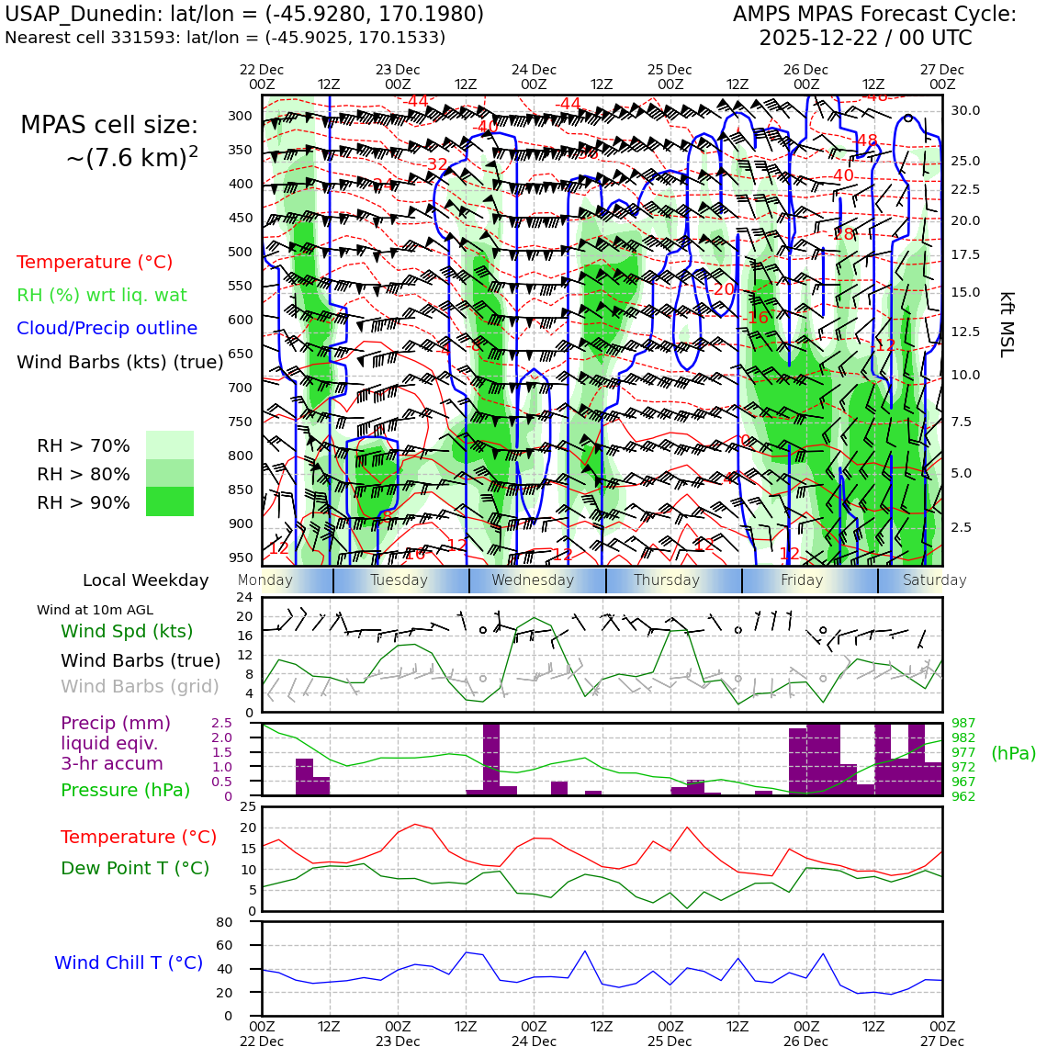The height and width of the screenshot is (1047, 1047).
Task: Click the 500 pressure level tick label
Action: pyautogui.click(x=241, y=252)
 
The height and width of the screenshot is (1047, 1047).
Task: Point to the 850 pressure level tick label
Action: pyautogui.click(x=241, y=490)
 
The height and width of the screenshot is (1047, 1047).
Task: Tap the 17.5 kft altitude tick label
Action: pyautogui.click(x=965, y=254)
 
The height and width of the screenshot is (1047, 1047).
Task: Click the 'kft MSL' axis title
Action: pyautogui.click(x=1007, y=324)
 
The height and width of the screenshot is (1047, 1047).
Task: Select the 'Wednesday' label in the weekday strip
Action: pyautogui.click(x=533, y=580)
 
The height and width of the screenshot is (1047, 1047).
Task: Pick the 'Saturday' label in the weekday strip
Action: pyautogui.click(x=934, y=580)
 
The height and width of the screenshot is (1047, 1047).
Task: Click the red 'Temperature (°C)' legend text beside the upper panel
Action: pyautogui.click(x=95, y=262)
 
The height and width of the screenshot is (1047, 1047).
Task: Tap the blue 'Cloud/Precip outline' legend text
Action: pyautogui.click(x=107, y=328)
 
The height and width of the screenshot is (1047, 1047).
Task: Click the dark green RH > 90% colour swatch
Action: pyautogui.click(x=170, y=501)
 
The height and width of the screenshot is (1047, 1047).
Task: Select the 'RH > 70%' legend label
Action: pyautogui.click(x=84, y=445)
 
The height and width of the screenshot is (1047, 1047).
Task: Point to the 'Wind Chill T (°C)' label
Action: pyautogui.click(x=129, y=963)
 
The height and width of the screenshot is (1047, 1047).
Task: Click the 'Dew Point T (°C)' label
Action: pyautogui.click(x=135, y=868)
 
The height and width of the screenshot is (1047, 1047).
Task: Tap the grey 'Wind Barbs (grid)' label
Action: pyautogui.click(x=141, y=686)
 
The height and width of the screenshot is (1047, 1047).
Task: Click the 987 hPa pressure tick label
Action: pyautogui.click(x=963, y=724)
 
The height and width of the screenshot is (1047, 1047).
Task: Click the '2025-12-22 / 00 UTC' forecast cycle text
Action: pyautogui.click(x=865, y=39)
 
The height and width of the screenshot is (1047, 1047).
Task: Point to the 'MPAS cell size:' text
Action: pyautogui.click(x=109, y=125)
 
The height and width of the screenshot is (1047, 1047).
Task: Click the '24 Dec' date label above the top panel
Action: pyautogui.click(x=534, y=70)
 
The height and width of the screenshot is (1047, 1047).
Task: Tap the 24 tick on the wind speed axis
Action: pyautogui.click(x=244, y=598)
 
